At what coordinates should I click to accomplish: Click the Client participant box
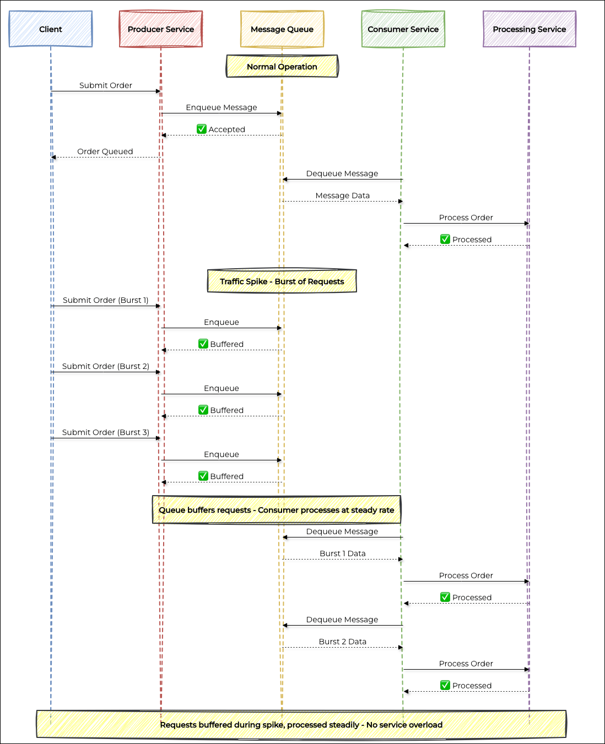(x=51, y=29)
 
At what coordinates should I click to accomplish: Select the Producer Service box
(x=161, y=29)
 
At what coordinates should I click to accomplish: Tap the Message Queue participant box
(x=282, y=29)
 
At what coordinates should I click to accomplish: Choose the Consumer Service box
(x=403, y=29)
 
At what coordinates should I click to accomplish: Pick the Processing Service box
(x=529, y=29)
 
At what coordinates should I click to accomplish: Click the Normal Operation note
(x=282, y=67)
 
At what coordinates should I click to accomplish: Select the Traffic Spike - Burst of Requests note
(x=282, y=281)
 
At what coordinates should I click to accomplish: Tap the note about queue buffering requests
(x=277, y=509)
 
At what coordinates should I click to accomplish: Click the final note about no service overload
(x=301, y=724)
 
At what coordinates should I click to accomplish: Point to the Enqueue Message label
(x=222, y=107)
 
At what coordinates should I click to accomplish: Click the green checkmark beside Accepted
(x=201, y=129)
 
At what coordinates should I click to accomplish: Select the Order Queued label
(x=105, y=151)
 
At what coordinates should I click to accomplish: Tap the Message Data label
(x=343, y=195)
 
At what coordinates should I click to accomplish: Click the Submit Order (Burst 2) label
(x=106, y=366)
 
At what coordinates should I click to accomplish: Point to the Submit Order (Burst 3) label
(x=106, y=432)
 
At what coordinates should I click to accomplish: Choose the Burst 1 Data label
(x=343, y=553)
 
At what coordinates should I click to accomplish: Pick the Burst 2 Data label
(x=343, y=642)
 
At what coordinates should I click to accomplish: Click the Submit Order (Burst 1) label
(x=106, y=300)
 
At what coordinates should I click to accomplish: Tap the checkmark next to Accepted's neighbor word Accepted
(x=201, y=129)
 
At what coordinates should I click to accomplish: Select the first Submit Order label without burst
(x=106, y=85)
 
